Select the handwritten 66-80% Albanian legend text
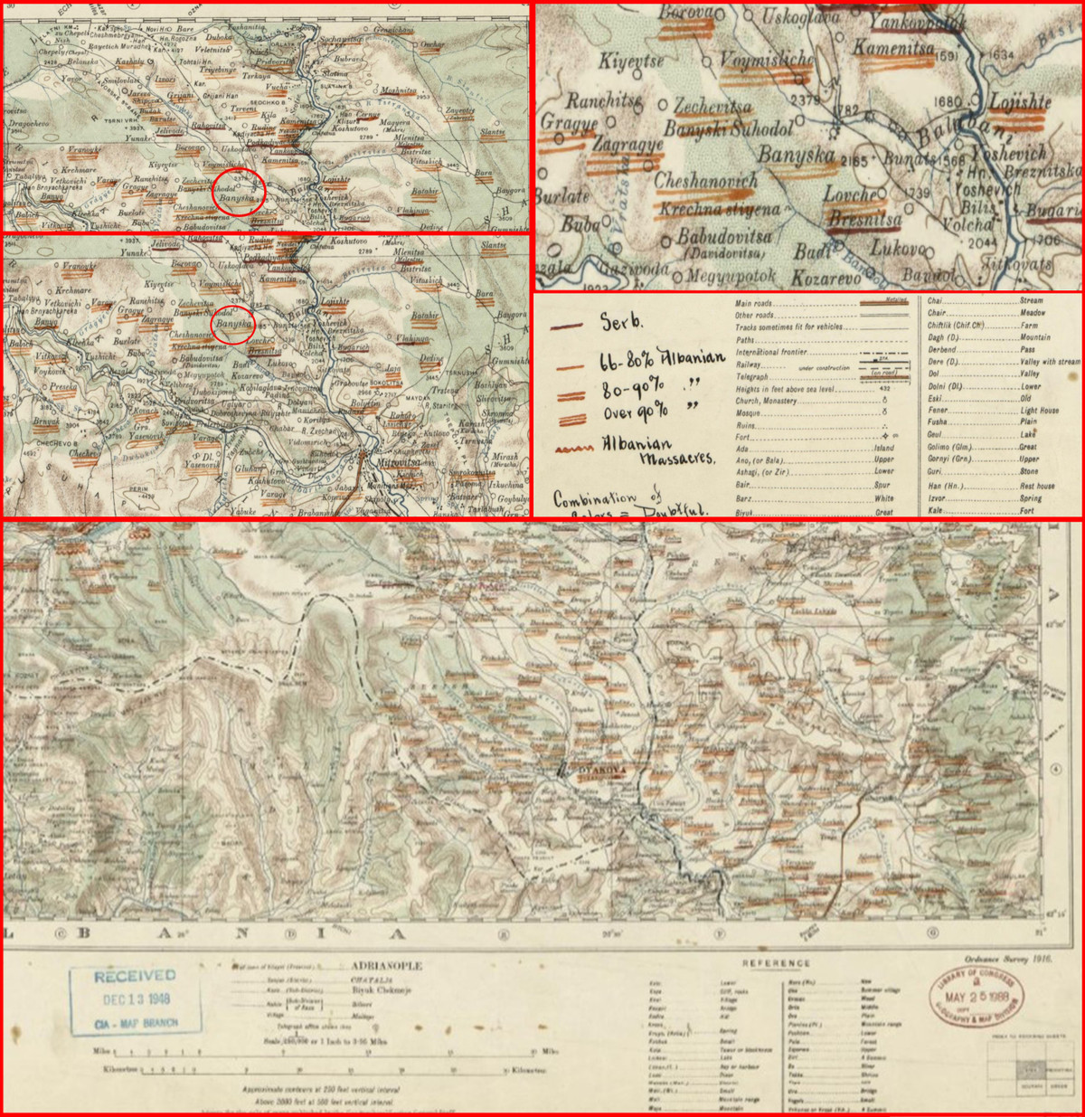(662, 360)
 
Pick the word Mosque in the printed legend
(748, 413)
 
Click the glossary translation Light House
(1040, 410)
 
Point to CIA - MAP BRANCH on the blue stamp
(136, 1023)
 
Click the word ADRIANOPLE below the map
(386, 966)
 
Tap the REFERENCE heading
(775, 963)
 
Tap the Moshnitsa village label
(398, 90)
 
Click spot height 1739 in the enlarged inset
(918, 194)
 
